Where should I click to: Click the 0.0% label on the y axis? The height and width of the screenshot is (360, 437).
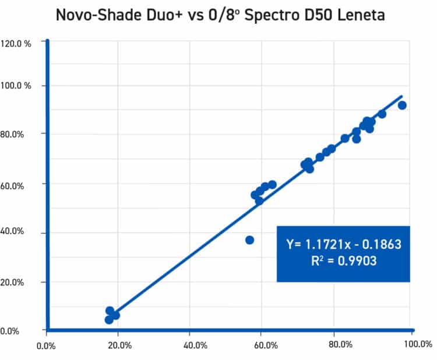[11, 331]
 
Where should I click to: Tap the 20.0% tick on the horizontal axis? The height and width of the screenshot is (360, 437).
[119, 345]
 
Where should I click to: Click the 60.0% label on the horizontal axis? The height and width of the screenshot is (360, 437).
[265, 345]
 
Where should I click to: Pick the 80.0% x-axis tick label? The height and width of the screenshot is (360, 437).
[340, 345]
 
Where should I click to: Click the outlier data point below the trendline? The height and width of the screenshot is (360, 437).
[250, 240]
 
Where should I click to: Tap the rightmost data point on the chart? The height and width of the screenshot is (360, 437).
[402, 105]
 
